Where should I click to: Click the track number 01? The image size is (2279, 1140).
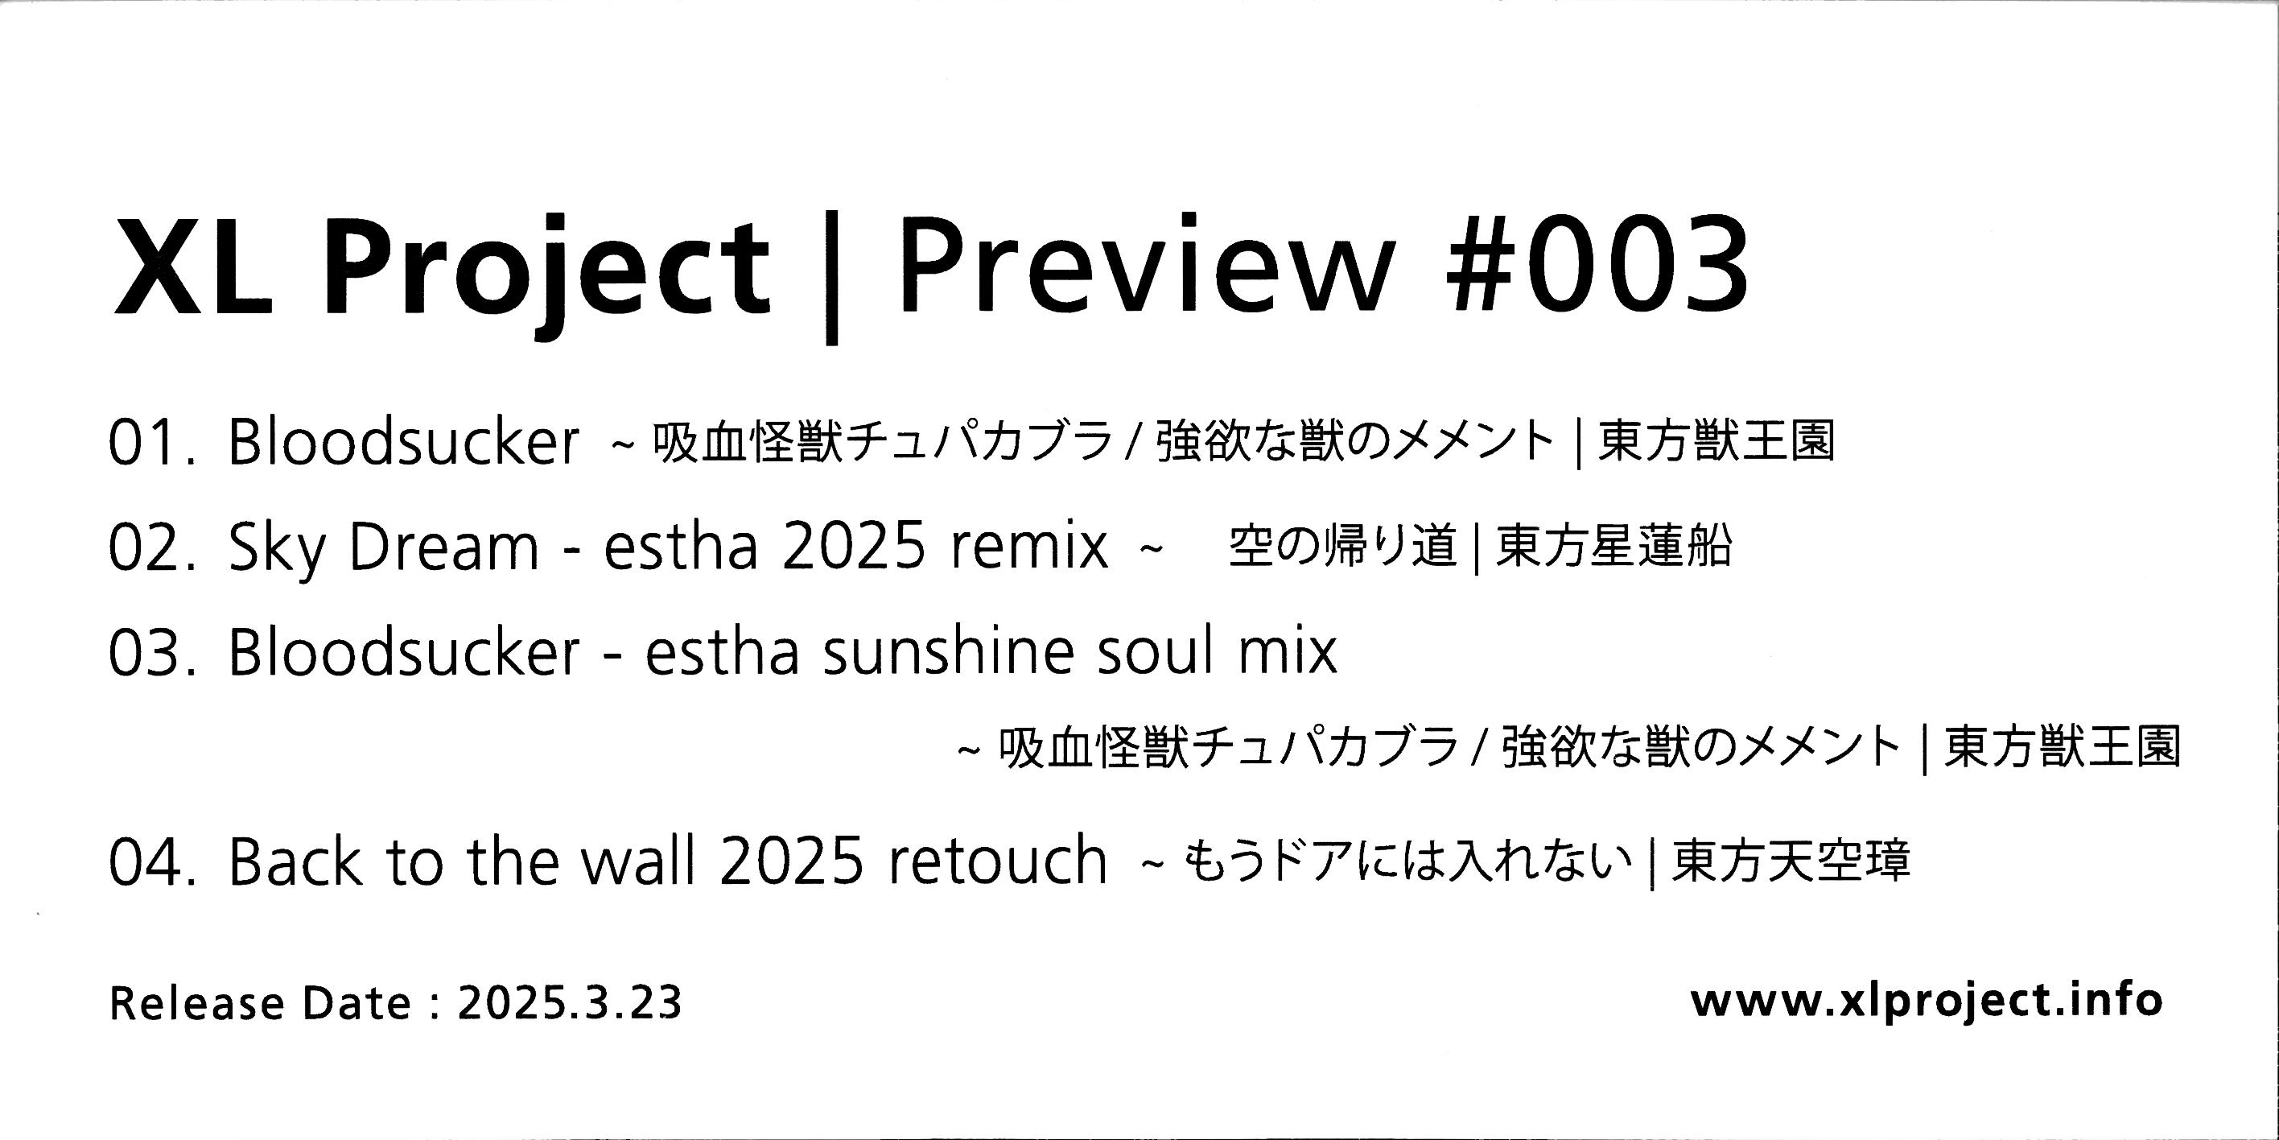(x=150, y=443)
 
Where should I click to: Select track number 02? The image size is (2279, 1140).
(x=150, y=547)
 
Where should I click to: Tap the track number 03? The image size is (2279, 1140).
(x=150, y=652)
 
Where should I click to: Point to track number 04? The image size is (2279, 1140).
(x=150, y=862)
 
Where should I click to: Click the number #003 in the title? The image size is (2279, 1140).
(x=1597, y=265)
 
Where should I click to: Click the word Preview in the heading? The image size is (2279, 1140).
(x=1146, y=263)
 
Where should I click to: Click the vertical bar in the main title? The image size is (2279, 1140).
(x=830, y=276)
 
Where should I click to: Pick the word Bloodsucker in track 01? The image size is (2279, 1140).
(x=403, y=440)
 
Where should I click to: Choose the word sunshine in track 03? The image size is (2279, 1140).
(x=950, y=651)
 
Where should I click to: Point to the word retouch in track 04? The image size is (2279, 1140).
(x=998, y=861)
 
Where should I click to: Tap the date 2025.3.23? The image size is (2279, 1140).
(x=570, y=1004)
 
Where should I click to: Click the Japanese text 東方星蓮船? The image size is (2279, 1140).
(x=1613, y=546)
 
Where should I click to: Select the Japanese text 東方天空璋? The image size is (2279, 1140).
(x=1791, y=861)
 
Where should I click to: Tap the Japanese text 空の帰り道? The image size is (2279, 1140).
(x=1343, y=546)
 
